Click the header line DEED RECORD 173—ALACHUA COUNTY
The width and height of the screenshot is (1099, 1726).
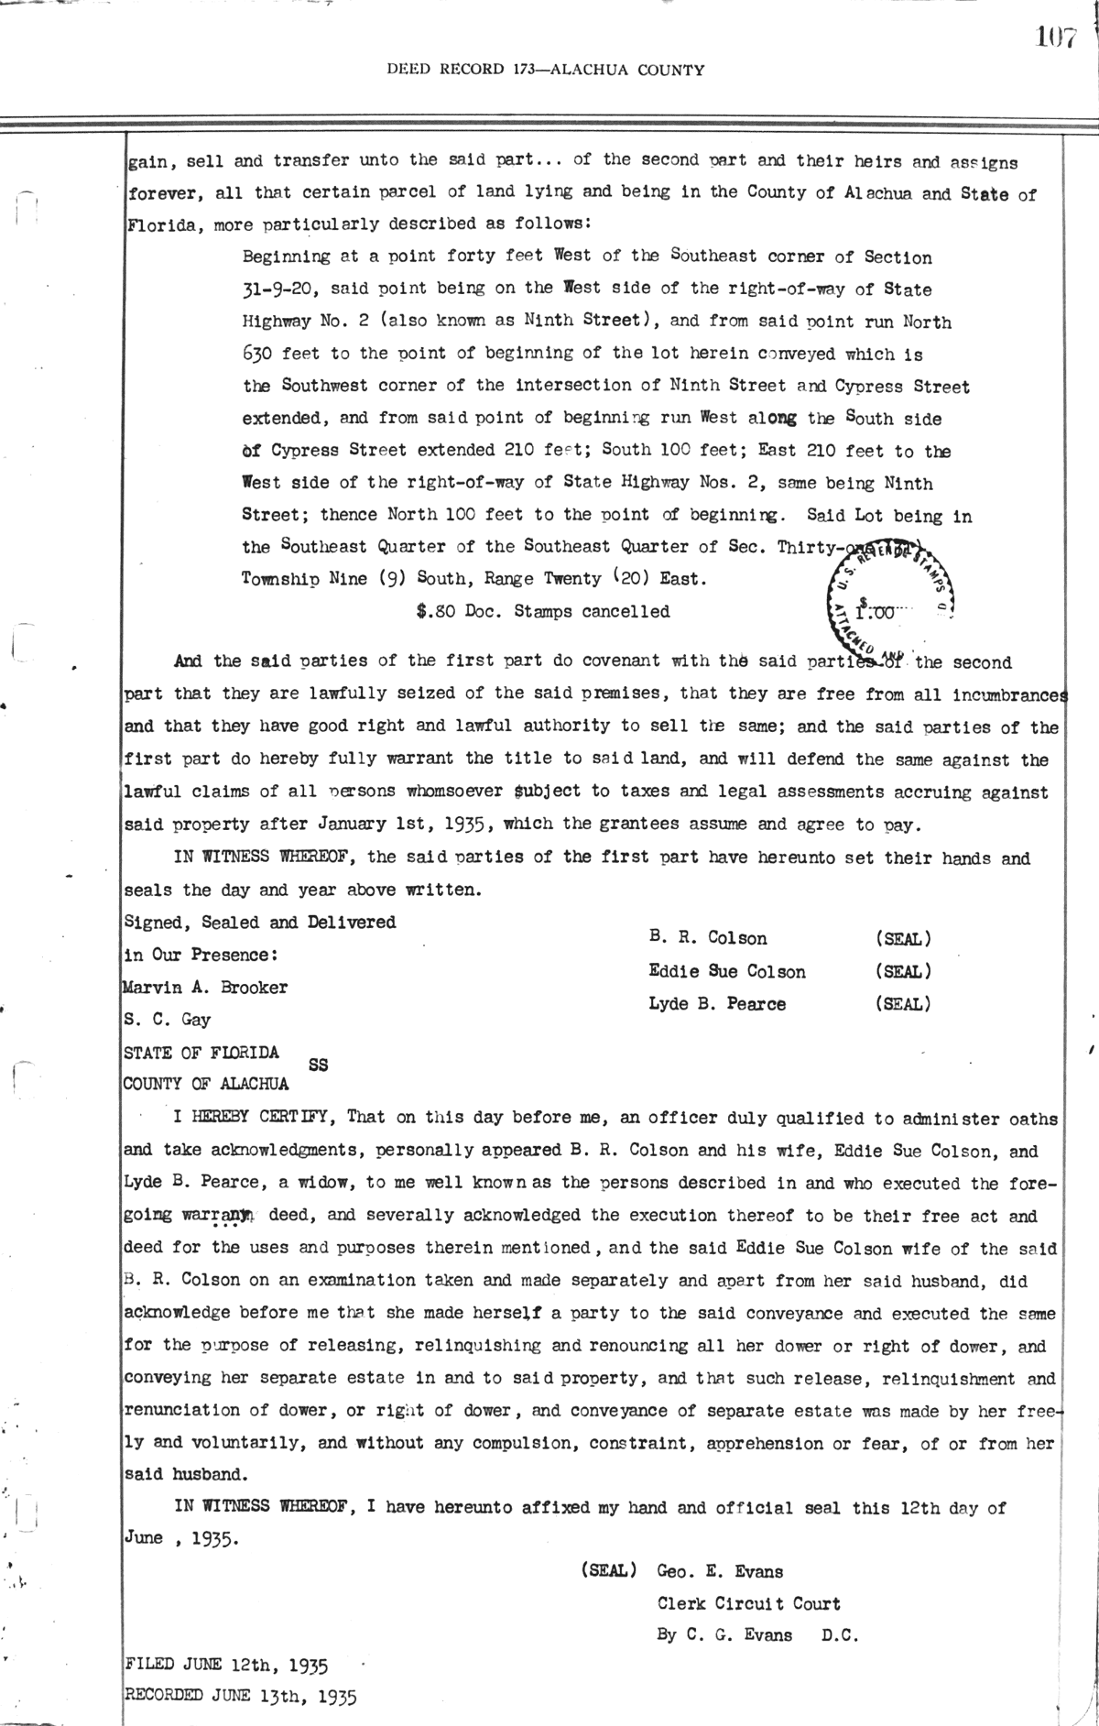(x=546, y=69)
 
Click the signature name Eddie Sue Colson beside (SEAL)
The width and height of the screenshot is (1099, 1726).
(x=727, y=971)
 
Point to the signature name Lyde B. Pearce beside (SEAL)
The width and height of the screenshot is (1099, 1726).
(x=716, y=1004)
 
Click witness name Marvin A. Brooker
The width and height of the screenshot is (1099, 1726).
(x=205, y=988)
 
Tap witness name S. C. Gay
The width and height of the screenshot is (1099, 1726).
(x=167, y=1020)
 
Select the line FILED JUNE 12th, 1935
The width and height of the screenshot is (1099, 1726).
(x=226, y=1663)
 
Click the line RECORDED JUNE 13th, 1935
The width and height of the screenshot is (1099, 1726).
(x=240, y=1696)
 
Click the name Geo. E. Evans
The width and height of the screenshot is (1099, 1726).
(x=720, y=1572)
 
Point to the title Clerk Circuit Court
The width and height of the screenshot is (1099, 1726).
(x=748, y=1604)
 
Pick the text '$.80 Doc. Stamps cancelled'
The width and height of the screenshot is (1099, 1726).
(x=542, y=611)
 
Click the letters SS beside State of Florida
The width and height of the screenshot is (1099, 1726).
(x=319, y=1065)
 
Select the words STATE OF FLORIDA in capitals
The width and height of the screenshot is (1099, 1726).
(x=201, y=1053)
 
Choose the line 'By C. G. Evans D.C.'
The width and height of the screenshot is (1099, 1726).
(x=757, y=1635)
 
